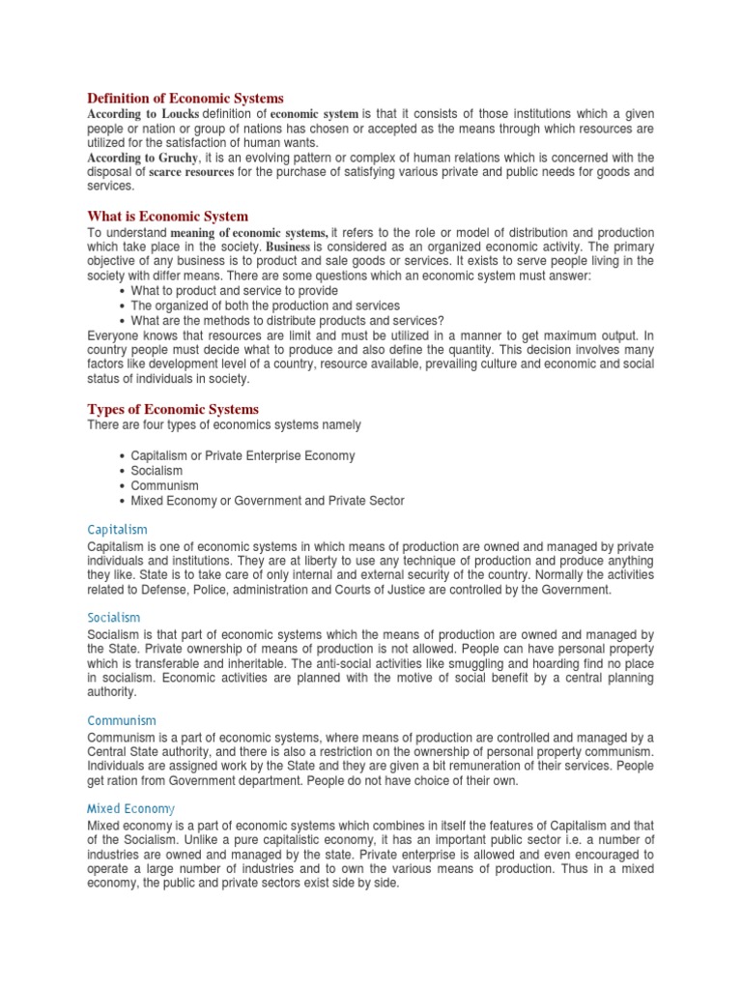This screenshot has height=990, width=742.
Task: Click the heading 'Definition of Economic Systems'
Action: [x=185, y=98]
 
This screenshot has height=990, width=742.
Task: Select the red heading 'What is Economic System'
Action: [x=167, y=217]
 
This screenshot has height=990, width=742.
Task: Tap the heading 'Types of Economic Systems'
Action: [x=173, y=409]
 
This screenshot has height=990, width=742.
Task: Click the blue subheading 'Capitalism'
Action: [x=117, y=529]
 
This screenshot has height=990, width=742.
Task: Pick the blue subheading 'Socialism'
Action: [x=113, y=617]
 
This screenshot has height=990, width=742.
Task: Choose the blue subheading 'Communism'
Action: [x=121, y=720]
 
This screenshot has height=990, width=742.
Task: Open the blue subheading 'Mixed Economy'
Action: [x=130, y=808]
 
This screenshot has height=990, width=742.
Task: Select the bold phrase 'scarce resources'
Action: [x=190, y=172]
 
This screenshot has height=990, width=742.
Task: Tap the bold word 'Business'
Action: [x=281, y=247]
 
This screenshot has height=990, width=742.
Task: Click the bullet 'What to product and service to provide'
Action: [x=234, y=291]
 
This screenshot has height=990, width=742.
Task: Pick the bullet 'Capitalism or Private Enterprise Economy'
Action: [x=243, y=455]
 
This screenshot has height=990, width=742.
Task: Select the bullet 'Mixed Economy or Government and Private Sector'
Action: [x=268, y=501]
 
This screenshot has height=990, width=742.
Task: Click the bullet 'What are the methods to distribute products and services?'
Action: [x=287, y=321]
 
